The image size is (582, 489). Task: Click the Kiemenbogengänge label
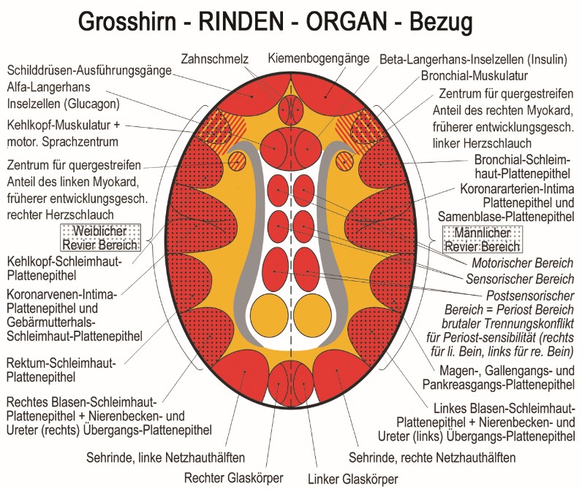point(319,58)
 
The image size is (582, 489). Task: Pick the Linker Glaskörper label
point(352,479)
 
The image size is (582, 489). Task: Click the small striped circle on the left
point(238,161)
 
